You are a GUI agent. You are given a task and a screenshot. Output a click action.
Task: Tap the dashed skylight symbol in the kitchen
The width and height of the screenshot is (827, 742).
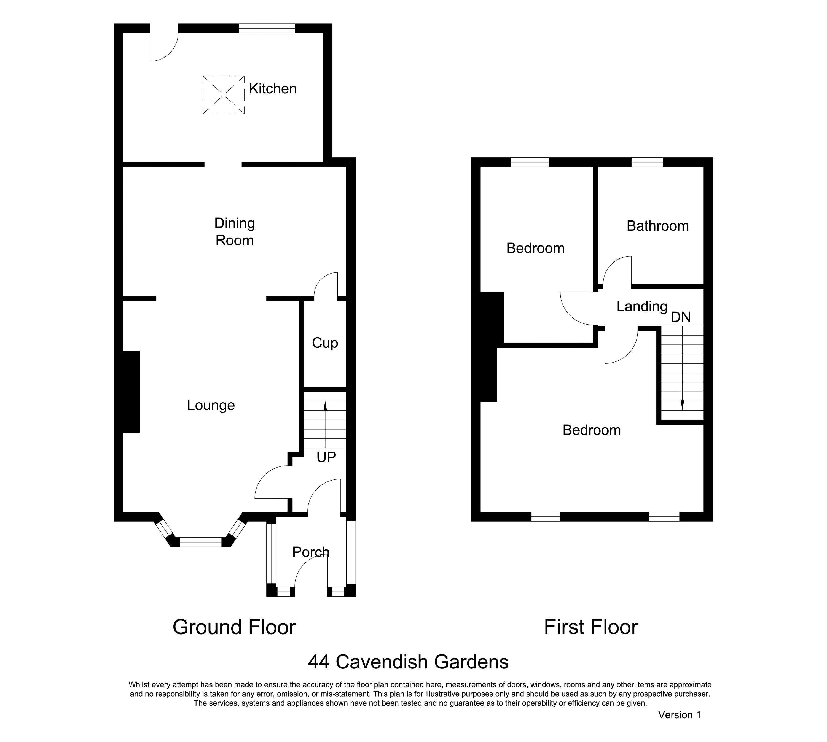point(224,95)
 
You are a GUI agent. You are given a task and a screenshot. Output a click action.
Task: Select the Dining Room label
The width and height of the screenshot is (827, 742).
point(235,231)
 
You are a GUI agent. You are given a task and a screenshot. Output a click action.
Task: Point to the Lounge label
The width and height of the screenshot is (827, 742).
point(211,405)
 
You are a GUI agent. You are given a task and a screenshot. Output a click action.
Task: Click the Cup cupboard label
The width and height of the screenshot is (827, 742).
point(325,343)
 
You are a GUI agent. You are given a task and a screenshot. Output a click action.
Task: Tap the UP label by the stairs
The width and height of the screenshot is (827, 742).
point(326,457)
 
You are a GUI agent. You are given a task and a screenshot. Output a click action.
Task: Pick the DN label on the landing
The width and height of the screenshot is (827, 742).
point(681,317)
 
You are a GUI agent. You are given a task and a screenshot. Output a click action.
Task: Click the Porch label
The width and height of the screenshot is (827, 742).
point(311,552)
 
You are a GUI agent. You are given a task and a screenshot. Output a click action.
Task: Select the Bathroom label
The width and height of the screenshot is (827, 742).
point(657,226)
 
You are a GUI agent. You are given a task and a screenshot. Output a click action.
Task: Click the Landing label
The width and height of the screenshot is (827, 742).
point(642,306)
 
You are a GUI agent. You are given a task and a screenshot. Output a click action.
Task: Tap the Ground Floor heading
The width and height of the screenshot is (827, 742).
point(234,627)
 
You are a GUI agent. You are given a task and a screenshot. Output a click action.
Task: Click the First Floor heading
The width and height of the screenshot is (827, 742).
point(591,627)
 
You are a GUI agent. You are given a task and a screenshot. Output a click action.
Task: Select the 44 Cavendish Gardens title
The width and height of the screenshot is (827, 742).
point(408,662)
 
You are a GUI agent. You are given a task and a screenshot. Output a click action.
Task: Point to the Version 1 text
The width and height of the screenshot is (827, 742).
point(679,726)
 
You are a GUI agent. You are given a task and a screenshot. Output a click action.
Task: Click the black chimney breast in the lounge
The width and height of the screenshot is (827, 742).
point(131,391)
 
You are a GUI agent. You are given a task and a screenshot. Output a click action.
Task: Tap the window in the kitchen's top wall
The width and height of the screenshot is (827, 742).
point(267,28)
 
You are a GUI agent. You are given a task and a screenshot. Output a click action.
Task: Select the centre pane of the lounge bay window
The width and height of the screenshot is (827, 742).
point(201,542)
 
